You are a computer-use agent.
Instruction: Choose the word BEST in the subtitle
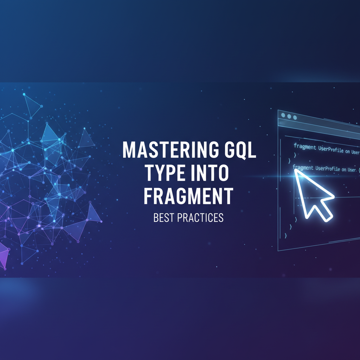point(163,218)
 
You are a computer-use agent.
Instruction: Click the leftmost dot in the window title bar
point(283,115)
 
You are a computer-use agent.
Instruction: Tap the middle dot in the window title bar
point(289,116)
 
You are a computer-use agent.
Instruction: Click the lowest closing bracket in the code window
point(285,236)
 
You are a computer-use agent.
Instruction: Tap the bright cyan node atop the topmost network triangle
point(24,94)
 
